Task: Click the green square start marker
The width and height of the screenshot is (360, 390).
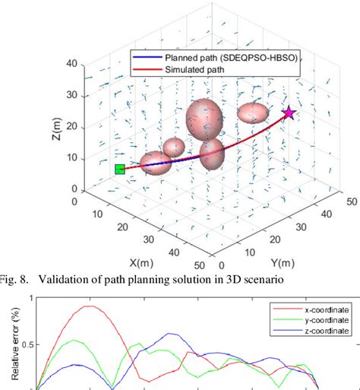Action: point(119,169)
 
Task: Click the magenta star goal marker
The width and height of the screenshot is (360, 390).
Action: point(289,114)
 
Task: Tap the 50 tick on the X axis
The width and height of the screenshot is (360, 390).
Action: point(198,265)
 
